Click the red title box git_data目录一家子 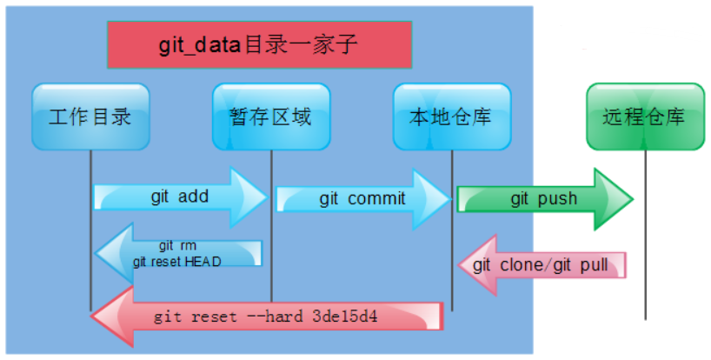(x=259, y=45)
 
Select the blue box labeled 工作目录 (x=90, y=117)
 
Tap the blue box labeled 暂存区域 (x=271, y=117)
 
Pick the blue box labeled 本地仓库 (x=452, y=117)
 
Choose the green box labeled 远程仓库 (x=646, y=117)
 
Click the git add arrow (x=181, y=197)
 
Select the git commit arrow (x=363, y=199)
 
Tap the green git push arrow (x=545, y=199)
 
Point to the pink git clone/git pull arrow (x=542, y=265)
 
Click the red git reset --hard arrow (x=267, y=316)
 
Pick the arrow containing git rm (x=178, y=253)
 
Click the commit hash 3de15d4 (x=345, y=316)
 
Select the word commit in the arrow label (x=376, y=198)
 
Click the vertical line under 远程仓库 (x=646, y=235)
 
